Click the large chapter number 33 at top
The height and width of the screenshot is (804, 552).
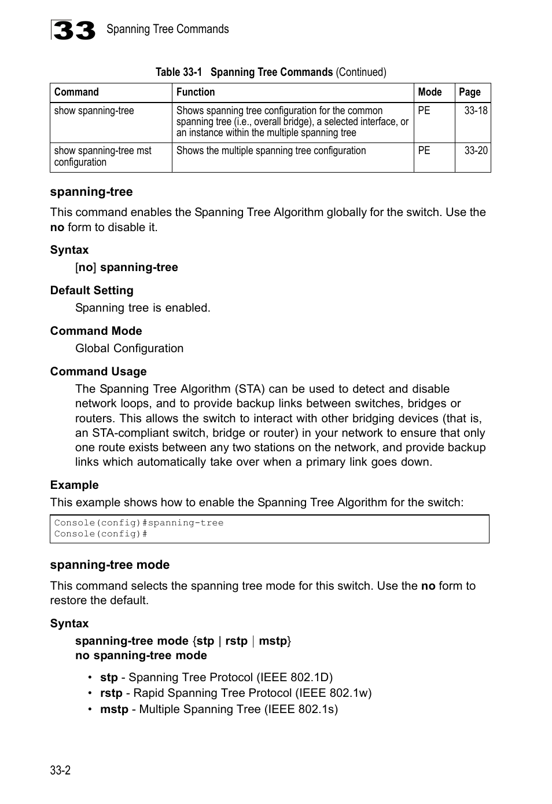[x=73, y=30]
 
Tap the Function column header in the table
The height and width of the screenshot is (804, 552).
[x=196, y=92]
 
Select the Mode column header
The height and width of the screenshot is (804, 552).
[x=430, y=92]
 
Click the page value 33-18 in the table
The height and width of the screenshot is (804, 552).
[x=476, y=111]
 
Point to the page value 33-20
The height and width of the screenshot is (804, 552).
[x=476, y=151]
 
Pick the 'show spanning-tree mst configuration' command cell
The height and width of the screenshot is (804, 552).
[x=102, y=156]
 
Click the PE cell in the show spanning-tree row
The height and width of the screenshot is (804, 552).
[x=424, y=111]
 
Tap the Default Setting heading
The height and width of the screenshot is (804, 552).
[x=91, y=290]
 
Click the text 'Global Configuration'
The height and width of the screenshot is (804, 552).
[x=129, y=348]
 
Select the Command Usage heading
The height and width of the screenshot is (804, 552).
[x=98, y=371]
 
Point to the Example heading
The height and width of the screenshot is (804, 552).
[x=74, y=485]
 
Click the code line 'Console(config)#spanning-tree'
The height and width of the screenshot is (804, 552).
[x=139, y=523]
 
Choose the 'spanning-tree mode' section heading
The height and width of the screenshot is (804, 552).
[x=110, y=565]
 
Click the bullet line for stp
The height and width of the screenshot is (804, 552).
[x=216, y=677]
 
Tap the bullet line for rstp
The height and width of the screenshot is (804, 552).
[x=235, y=693]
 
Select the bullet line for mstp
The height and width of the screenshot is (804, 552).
[x=219, y=709]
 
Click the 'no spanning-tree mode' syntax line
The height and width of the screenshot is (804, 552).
[x=141, y=655]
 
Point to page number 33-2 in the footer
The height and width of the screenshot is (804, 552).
[x=60, y=770]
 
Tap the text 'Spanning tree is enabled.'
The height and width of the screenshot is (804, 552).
[x=142, y=308]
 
